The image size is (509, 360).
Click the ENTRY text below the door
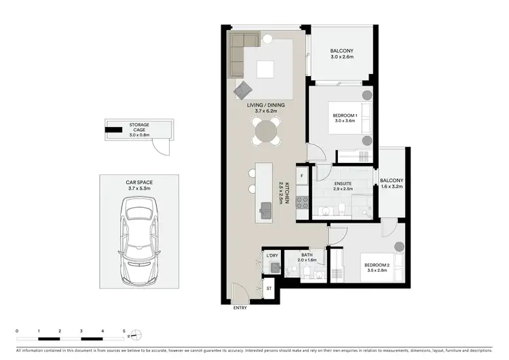click(x=240, y=308)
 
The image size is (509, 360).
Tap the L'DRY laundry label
click(x=272, y=255)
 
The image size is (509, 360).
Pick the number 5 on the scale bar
click(x=124, y=331)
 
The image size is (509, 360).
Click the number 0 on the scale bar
click(x=18, y=331)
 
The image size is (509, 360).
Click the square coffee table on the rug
click(x=265, y=69)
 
